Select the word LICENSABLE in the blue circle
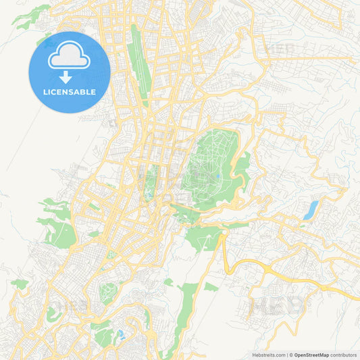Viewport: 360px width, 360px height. (70, 92)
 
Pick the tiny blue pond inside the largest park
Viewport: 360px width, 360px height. (218, 178)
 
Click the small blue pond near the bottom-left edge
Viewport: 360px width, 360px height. (121, 334)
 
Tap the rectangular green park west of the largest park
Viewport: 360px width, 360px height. (149, 181)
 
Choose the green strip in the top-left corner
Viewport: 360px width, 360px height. (30, 16)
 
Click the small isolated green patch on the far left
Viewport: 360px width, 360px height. (20, 284)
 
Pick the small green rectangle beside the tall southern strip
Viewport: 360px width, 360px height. (211, 287)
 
